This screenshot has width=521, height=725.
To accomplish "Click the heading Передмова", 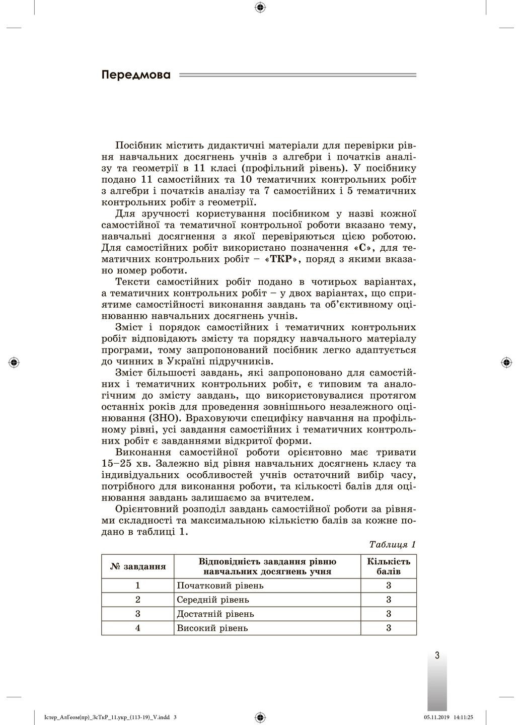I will click(136, 76).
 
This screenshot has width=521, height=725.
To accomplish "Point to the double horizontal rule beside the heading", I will click(297, 76).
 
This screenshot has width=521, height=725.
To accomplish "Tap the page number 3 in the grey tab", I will click(437, 656).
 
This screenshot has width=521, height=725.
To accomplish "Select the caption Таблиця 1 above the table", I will click(392, 544).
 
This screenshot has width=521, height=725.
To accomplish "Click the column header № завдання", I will click(137, 566).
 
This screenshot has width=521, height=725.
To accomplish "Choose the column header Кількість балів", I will click(389, 566).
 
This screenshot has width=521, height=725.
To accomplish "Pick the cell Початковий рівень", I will click(220, 586).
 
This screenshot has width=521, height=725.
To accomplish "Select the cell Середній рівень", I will click(213, 600).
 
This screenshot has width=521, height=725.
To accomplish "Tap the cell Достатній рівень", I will click(215, 614).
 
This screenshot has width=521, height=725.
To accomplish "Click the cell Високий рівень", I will click(212, 628).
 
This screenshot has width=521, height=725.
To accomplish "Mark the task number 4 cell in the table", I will click(137, 628).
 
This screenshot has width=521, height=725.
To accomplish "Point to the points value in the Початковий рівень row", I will click(389, 586).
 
